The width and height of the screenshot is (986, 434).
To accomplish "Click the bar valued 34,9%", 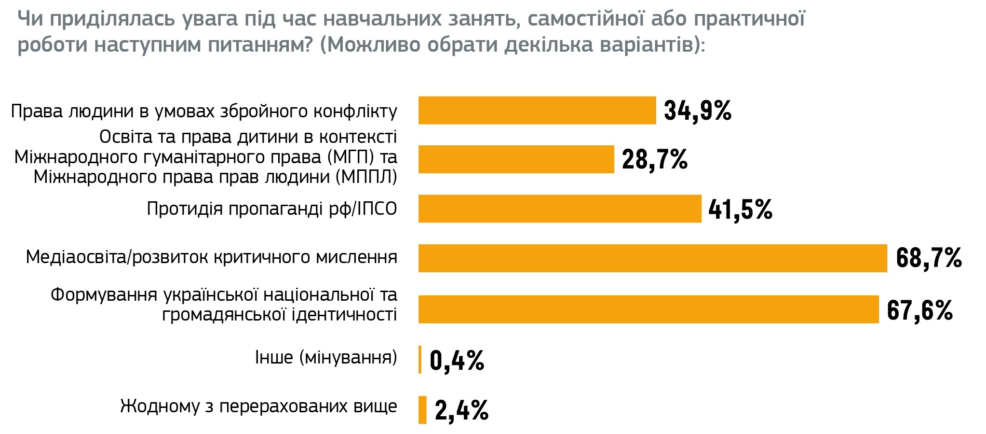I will click(537, 111).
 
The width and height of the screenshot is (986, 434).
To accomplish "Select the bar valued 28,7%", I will click(516, 159).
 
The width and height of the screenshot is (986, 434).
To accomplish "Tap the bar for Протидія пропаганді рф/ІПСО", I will click(559, 209).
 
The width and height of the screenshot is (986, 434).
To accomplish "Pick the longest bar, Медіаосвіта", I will click(652, 258).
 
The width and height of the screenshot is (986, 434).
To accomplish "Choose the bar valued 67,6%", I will click(648, 309).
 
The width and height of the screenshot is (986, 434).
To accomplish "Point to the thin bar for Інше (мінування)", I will click(420, 360).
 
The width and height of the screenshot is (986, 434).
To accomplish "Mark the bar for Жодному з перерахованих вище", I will click(422, 410).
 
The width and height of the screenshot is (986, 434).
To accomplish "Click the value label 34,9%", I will click(697, 111).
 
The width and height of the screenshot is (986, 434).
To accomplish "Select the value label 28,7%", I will click(654, 160).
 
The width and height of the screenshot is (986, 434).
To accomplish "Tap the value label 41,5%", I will click(740, 210).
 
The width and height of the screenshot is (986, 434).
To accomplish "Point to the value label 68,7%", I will click(929, 258).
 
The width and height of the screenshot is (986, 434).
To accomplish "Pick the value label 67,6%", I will click(919, 310).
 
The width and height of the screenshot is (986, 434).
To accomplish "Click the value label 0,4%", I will click(457, 361).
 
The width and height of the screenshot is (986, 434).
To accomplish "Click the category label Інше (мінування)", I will click(326, 358).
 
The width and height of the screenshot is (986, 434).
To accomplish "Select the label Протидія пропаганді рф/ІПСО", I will click(272, 209).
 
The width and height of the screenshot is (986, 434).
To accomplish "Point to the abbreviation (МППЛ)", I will click(366, 177).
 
